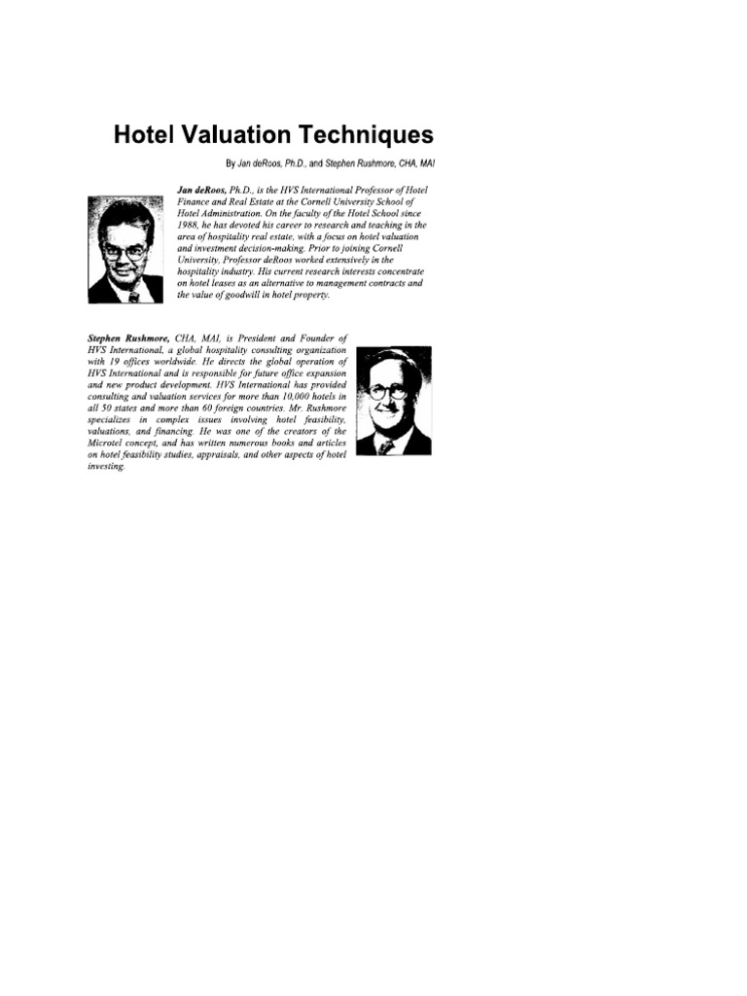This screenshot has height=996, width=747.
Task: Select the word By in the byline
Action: [231, 162]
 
